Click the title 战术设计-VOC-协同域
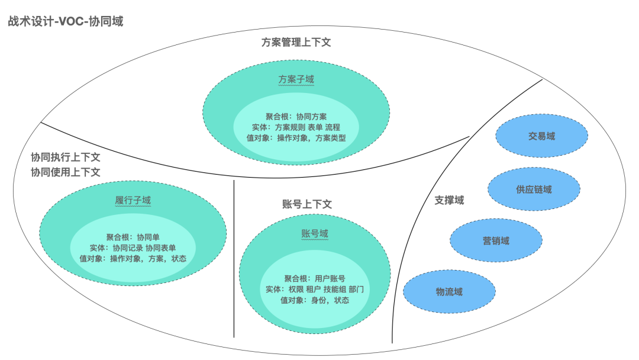(x=65, y=22)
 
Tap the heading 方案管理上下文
(x=296, y=43)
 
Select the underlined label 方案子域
(x=296, y=79)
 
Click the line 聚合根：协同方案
(x=296, y=117)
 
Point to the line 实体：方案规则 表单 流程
(x=296, y=127)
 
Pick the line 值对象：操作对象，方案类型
(x=296, y=138)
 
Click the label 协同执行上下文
(x=66, y=157)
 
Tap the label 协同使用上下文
(x=66, y=172)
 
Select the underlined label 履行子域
(x=133, y=201)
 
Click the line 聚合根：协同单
(x=133, y=237)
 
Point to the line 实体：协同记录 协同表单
(x=133, y=248)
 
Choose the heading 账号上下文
(x=307, y=204)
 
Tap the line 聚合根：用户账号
(x=314, y=278)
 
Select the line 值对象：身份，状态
(x=314, y=300)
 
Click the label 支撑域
(x=449, y=200)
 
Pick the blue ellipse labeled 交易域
(x=541, y=136)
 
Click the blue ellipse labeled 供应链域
(x=534, y=189)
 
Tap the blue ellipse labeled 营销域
(x=496, y=240)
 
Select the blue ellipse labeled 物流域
(x=449, y=291)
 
